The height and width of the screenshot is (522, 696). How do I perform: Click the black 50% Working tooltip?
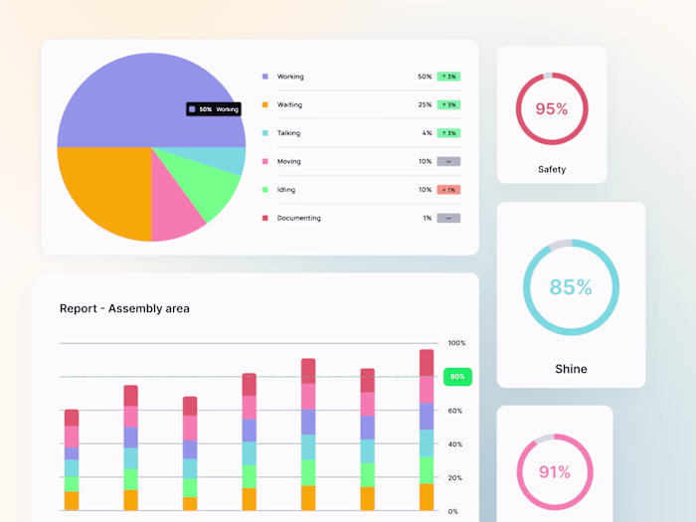click(x=214, y=109)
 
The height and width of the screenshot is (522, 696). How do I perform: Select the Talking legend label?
click(x=288, y=133)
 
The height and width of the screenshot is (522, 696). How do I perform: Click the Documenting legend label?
click(x=298, y=218)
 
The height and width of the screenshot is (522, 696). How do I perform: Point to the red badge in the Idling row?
click(x=448, y=190)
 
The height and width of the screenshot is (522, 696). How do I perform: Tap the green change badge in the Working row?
click(x=448, y=77)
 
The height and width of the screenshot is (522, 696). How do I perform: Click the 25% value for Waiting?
click(x=425, y=104)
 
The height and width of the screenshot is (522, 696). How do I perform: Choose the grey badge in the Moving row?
click(x=448, y=161)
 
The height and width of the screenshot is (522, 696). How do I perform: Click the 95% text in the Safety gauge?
click(x=552, y=109)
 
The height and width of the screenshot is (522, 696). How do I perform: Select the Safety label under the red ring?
click(x=552, y=169)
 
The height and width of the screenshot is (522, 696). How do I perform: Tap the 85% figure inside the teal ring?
click(x=571, y=287)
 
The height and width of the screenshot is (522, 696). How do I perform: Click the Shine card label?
click(x=571, y=369)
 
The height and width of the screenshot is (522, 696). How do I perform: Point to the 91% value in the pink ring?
click(x=554, y=472)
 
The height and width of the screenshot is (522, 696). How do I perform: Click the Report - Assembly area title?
click(x=124, y=308)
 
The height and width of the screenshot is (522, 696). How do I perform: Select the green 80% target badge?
click(x=457, y=377)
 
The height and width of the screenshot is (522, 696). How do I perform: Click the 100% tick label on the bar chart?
click(x=456, y=343)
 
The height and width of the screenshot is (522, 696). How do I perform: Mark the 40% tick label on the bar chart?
click(x=454, y=444)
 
